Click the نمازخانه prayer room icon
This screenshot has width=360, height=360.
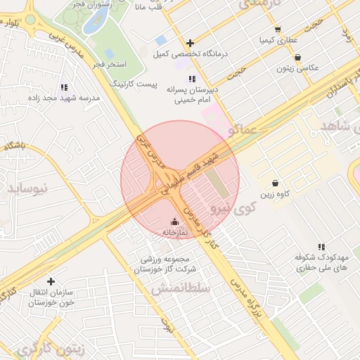tap(175, 221)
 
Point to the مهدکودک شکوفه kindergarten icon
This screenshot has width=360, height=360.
tap(321, 247)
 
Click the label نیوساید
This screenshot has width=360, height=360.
tap(30, 188)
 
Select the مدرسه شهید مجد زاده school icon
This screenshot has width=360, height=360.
tap(64, 88)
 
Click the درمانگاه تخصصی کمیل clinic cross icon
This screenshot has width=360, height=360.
tap(190, 43)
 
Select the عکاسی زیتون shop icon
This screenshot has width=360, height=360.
tap(298, 57)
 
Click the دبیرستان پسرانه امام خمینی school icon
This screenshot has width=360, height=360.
tap(192, 79)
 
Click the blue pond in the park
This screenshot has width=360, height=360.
tap(94, 22)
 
